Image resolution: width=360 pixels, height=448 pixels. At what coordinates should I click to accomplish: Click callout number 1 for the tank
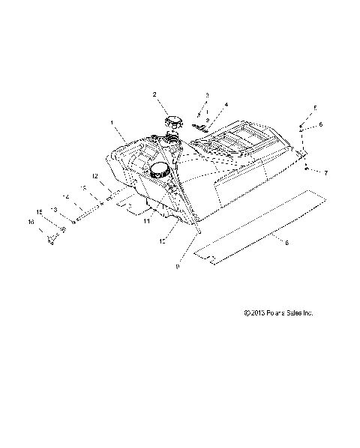pos(112,121)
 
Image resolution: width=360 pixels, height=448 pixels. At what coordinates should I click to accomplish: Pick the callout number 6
pos(320,124)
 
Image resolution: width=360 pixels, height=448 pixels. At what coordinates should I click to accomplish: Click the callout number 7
pos(326,173)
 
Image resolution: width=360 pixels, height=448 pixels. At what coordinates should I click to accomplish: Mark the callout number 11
pos(146,221)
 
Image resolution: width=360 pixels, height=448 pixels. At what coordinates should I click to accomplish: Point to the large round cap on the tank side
pos(159,171)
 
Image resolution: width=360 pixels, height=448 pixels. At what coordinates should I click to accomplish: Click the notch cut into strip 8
pos(213,261)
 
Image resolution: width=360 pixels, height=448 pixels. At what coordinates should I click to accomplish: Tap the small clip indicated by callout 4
pos(200,124)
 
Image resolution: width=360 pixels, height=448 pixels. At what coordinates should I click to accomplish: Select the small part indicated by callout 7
pos(307,169)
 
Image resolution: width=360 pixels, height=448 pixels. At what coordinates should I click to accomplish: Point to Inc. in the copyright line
pos(306,313)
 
